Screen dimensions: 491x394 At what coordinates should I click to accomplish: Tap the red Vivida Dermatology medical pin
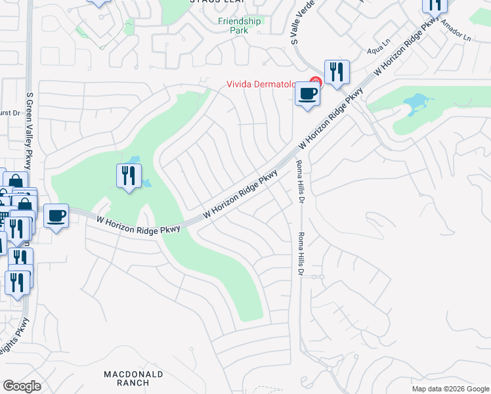pyautogui.click(x=315, y=83)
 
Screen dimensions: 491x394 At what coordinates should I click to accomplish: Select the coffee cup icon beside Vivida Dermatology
pyautogui.click(x=307, y=93)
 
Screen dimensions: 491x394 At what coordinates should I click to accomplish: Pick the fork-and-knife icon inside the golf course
pyautogui.click(x=128, y=176)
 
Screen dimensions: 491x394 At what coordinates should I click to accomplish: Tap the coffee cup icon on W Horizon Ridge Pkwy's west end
pyautogui.click(x=56, y=215)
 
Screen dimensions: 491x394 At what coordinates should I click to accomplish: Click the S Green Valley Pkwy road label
pyautogui.click(x=29, y=130)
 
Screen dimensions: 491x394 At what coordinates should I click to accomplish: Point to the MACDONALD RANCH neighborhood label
pyautogui.click(x=133, y=378)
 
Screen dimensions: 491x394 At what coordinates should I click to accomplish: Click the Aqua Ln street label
pyautogui.click(x=379, y=49)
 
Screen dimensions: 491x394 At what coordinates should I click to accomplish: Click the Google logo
pyautogui.click(x=22, y=386)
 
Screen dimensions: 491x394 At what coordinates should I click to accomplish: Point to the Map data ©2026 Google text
pyautogui.click(x=450, y=389)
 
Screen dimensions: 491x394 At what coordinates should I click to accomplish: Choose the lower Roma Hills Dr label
pyautogui.click(x=301, y=253)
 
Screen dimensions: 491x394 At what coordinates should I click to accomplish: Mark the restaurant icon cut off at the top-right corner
pyautogui.click(x=435, y=5)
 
